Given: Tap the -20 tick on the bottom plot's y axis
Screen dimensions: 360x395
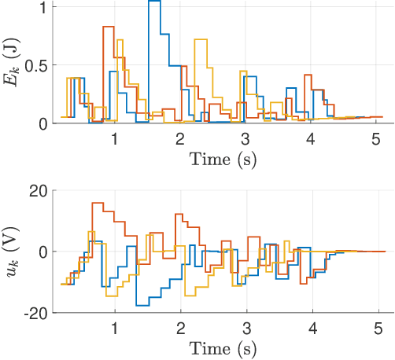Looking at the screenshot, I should [x=35, y=313].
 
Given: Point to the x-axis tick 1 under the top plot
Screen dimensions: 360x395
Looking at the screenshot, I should [x=115, y=138].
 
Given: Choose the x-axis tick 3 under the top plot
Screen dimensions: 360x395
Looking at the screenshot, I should [x=245, y=138].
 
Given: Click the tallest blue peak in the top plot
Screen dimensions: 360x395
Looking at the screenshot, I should [x=154, y=2].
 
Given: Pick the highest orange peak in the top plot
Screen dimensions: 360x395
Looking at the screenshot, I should [x=109, y=27].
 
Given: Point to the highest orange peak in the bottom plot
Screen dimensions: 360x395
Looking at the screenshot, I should [x=98, y=203].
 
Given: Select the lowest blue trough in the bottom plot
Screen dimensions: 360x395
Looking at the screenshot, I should [x=142, y=305].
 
